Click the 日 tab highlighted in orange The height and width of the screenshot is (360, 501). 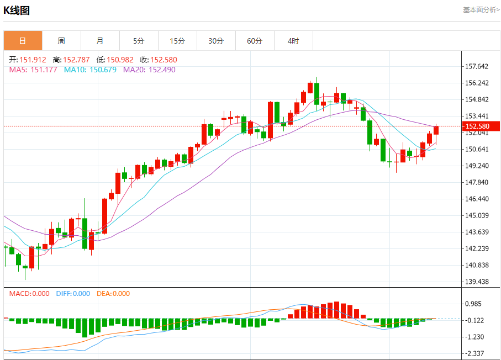[23, 41]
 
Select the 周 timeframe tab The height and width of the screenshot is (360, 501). [61, 41]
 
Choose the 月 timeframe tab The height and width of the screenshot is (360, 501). [100, 41]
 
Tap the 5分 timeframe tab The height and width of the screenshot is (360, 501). [139, 41]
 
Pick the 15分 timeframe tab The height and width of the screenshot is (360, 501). [177, 41]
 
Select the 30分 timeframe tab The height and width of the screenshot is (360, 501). [216, 41]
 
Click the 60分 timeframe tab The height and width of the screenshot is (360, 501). [255, 41]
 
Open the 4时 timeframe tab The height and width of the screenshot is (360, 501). [293, 41]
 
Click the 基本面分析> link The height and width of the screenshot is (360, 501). [481, 10]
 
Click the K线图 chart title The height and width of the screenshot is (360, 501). [17, 10]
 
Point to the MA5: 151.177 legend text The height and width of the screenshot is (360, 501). [33, 70]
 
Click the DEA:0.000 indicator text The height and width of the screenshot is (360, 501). [113, 294]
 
